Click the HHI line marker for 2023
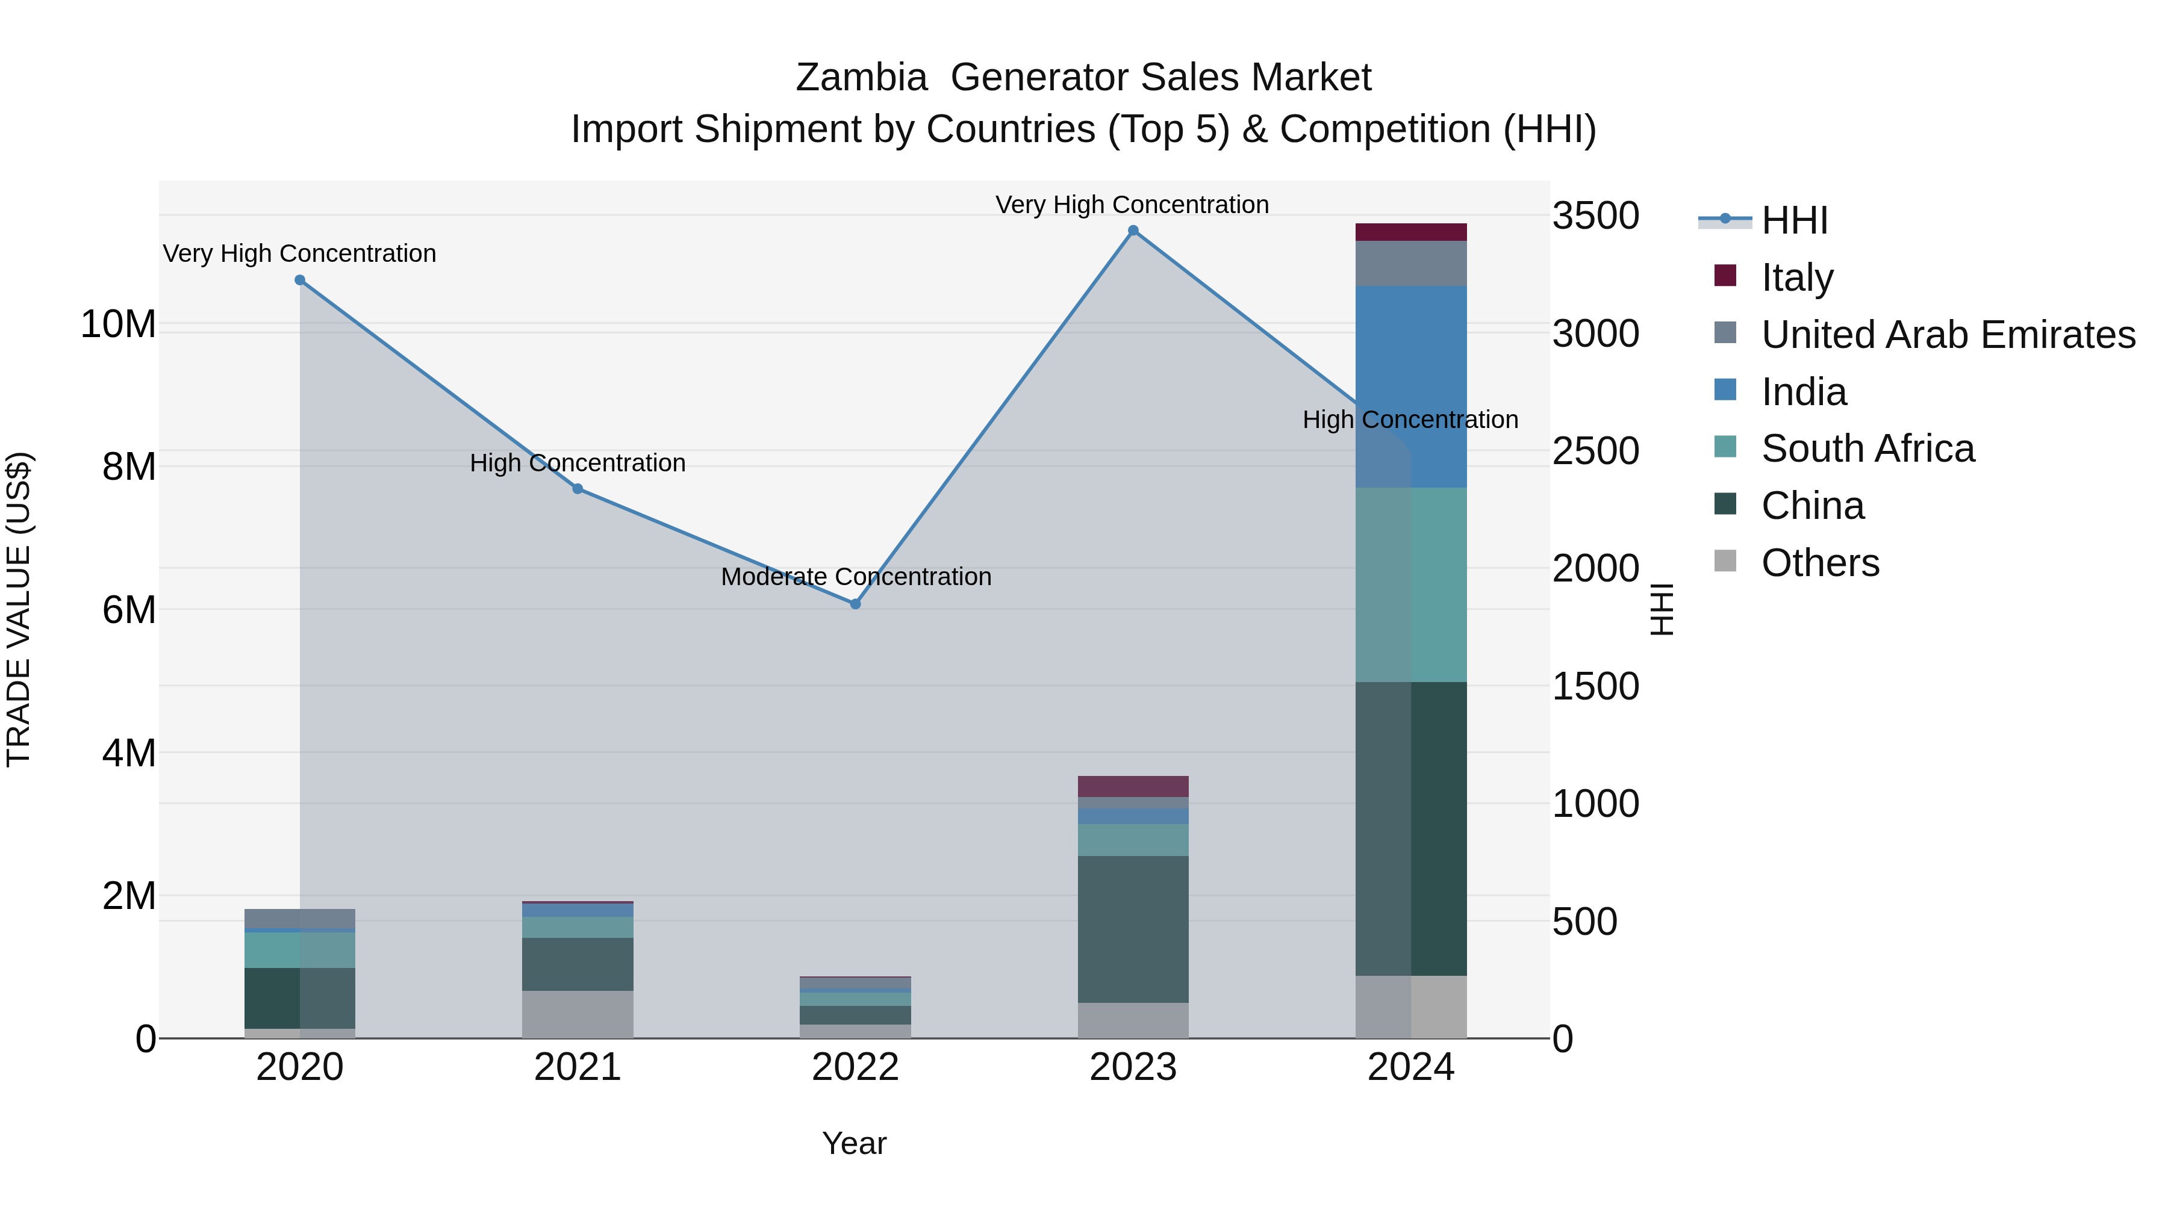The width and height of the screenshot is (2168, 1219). (x=1133, y=231)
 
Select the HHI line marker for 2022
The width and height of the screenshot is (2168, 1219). (x=855, y=604)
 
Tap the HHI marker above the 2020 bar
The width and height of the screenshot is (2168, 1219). (x=300, y=280)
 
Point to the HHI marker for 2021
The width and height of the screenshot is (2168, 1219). (x=578, y=489)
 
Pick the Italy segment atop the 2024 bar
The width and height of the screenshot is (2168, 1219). (x=1412, y=232)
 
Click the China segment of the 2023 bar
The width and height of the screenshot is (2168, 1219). (x=1133, y=929)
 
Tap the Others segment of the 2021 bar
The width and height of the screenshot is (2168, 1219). (x=578, y=1014)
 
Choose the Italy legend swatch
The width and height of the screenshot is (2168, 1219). (x=1725, y=276)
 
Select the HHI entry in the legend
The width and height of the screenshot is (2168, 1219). (x=1793, y=220)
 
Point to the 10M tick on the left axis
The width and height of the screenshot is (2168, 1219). (x=118, y=324)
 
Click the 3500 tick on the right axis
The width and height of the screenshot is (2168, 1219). (x=1595, y=216)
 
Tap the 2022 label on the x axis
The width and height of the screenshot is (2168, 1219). (x=855, y=1067)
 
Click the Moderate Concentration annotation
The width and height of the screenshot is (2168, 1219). (x=856, y=577)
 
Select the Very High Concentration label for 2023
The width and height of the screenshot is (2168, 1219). (x=1132, y=205)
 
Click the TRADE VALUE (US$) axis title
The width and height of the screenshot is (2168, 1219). (x=19, y=609)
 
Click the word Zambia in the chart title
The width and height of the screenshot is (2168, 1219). (x=861, y=78)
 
